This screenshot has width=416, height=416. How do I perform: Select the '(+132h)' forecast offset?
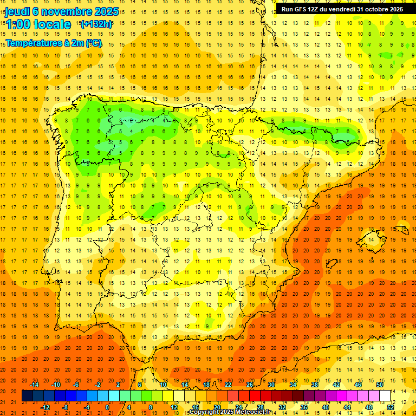click(96, 24)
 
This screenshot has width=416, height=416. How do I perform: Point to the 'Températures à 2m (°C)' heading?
click(53, 43)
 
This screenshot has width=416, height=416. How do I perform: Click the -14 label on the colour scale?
click(35, 385)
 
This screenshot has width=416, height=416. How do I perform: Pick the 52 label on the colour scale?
click(391, 407)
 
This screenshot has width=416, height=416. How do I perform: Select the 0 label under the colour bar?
click(107, 407)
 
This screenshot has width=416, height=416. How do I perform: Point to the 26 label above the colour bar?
click(249, 385)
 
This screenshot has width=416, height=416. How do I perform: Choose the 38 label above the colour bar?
click(315, 385)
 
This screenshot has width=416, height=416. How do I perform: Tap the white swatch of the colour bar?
click(385, 396)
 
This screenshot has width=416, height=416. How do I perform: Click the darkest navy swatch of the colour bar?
click(27, 396)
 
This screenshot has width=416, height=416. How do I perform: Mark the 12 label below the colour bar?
click(173, 407)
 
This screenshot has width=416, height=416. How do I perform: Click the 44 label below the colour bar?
click(348, 407)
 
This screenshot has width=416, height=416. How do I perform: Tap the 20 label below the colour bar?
click(217, 407)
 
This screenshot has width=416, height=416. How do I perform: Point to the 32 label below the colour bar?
click(282, 407)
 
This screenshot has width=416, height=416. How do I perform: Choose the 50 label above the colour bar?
click(380, 385)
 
